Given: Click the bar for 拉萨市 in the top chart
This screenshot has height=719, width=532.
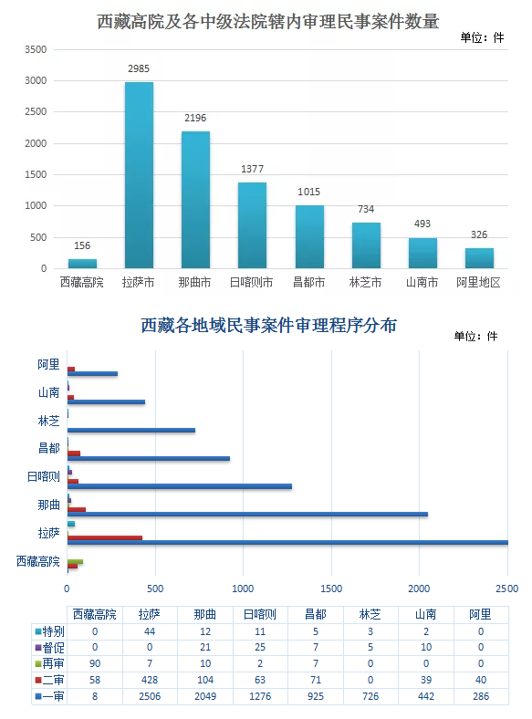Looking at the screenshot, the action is coord(139,175).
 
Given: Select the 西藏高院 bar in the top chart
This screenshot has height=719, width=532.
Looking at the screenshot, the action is coord(82,264).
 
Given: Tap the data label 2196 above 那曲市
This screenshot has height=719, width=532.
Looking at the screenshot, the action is coord(195,118).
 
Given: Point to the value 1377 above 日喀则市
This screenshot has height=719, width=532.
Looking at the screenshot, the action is coord(252,169).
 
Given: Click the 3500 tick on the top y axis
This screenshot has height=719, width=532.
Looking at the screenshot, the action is coord(36,49).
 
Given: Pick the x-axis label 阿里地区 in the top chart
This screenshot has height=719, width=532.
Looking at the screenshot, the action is coord(478,282).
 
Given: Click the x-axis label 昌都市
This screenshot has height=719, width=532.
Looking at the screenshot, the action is coord(309,282).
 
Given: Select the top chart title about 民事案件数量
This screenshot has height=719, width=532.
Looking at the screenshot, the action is coord(268,22).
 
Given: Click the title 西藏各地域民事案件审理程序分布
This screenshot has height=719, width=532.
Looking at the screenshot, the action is coord(269,325).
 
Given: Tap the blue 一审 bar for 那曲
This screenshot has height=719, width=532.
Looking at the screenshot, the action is coord(247,514).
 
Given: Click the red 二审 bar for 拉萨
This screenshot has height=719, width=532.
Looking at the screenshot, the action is coord(105,537).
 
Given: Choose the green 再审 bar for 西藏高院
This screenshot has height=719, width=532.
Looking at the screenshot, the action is coord(75,562).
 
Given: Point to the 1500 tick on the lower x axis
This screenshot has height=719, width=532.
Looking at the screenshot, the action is coord(331,589).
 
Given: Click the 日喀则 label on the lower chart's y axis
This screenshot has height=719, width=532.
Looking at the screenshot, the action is coord(44,476).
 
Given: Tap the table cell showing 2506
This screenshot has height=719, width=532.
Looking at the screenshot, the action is coord(150,696).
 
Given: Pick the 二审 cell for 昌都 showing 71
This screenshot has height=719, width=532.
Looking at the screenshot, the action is coord(316,680).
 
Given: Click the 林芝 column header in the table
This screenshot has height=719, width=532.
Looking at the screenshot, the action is coord(370,614).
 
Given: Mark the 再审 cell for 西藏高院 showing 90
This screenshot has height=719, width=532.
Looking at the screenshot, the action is coord(95,663).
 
